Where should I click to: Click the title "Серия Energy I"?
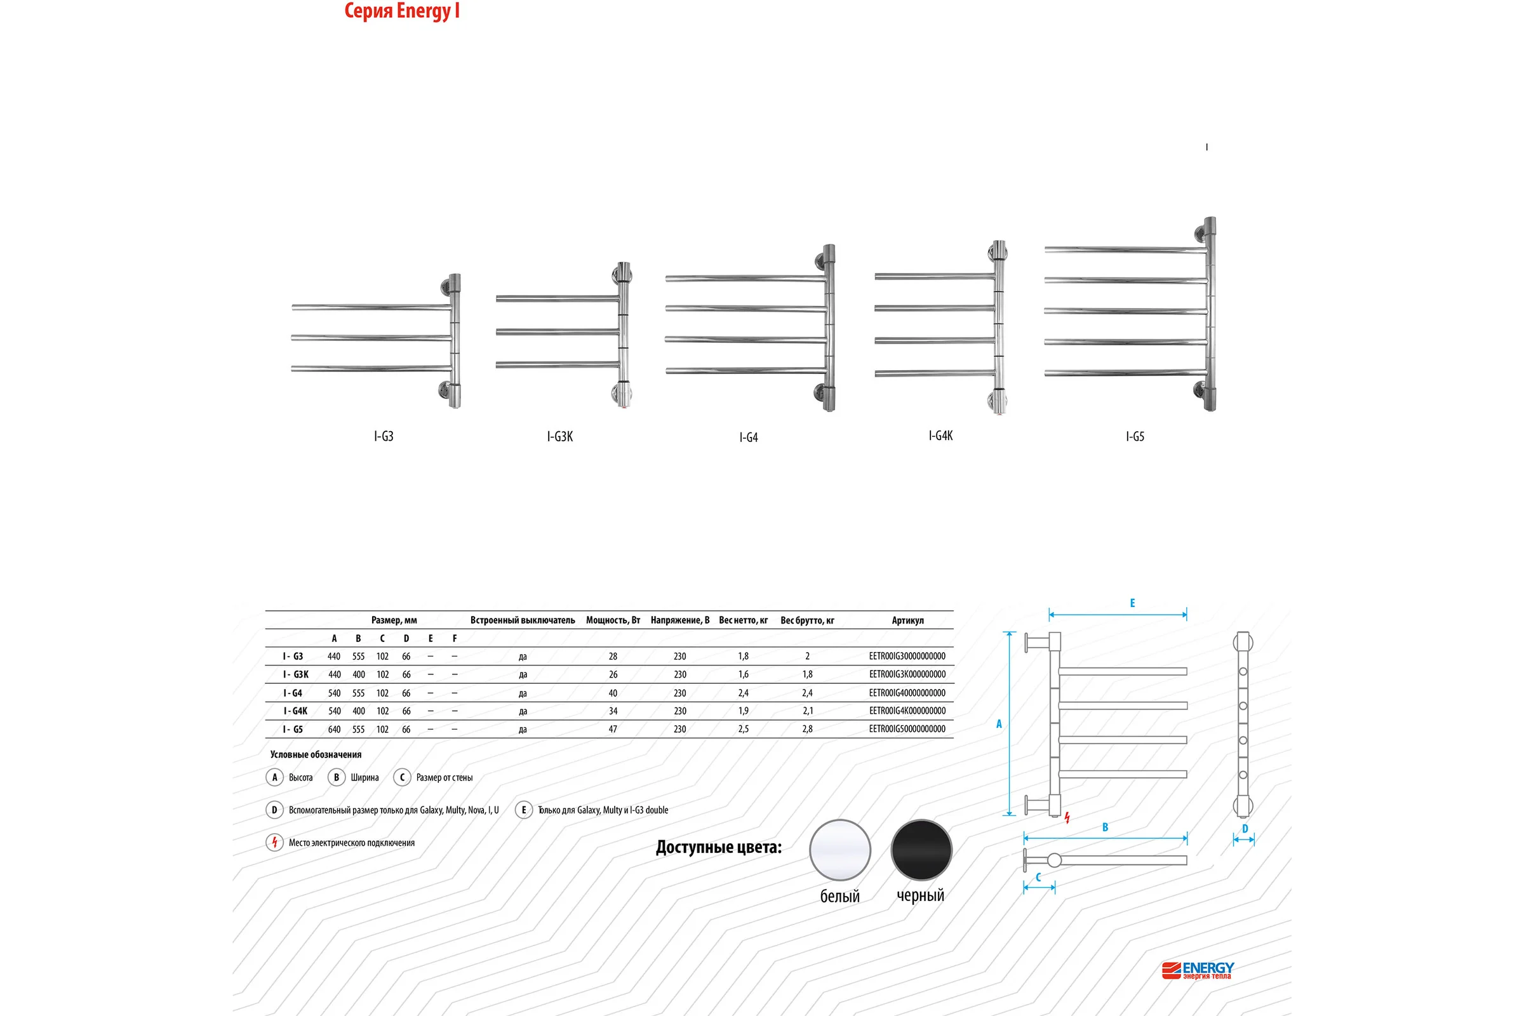click(402, 11)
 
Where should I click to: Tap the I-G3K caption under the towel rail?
click(560, 437)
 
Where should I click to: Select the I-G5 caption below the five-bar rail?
click(1135, 437)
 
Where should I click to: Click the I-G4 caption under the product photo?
click(749, 438)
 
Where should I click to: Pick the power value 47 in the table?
click(613, 729)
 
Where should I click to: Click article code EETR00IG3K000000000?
click(907, 674)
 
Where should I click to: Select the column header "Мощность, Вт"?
click(613, 620)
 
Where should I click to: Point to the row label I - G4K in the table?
click(295, 711)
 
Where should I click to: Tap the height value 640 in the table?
click(335, 729)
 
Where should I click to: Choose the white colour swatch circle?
click(839, 850)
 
